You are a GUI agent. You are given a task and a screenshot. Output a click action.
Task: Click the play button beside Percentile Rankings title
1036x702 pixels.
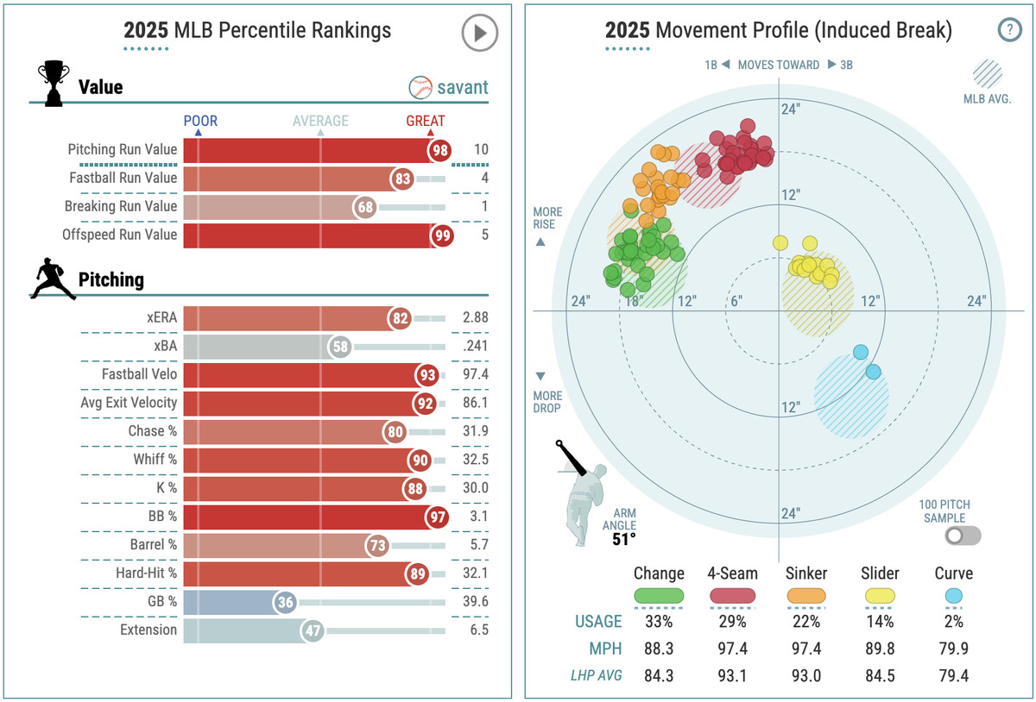[479, 34]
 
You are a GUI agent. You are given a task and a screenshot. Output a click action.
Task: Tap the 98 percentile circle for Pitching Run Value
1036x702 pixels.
[440, 150]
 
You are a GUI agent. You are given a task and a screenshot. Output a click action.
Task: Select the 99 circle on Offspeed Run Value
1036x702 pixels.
[441, 235]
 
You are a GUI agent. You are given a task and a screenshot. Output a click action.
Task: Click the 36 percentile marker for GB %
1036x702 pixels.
[285, 602]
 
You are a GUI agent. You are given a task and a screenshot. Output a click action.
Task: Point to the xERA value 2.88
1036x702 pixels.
[475, 317]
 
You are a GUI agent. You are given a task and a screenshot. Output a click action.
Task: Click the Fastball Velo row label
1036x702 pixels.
[139, 374]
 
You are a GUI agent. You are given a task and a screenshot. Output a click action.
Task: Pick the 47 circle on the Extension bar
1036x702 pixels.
[313, 630]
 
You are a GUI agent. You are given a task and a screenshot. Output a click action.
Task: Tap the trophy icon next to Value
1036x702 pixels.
[53, 84]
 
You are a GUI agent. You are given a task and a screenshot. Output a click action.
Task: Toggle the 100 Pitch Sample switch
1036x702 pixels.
[963, 536]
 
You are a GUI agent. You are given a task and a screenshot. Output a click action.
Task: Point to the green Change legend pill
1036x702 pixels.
[659, 595]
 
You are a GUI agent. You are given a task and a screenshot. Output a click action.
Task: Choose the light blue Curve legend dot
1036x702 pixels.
[953, 595]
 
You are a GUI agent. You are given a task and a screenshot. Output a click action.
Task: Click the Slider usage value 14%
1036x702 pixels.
[880, 621]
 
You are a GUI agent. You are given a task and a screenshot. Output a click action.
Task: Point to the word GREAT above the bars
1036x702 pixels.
[426, 121]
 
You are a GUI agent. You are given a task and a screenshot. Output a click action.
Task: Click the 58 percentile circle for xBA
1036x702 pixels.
[341, 347]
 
